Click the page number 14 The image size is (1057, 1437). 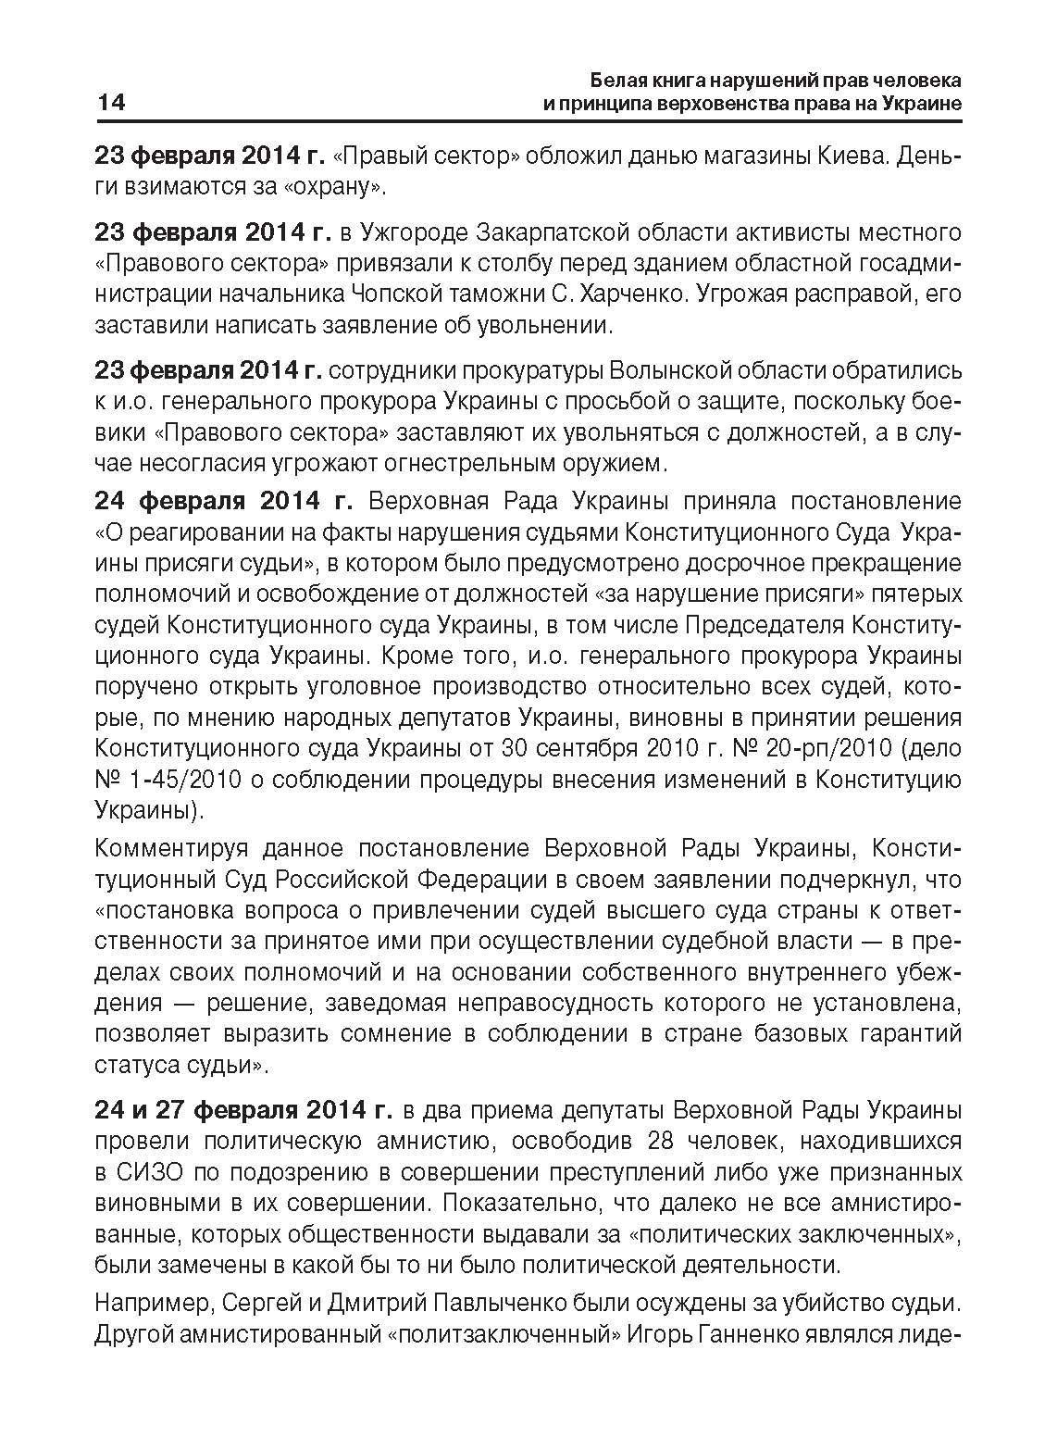coord(110,102)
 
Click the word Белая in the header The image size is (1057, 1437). coord(618,80)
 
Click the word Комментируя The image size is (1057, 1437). coord(174,848)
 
